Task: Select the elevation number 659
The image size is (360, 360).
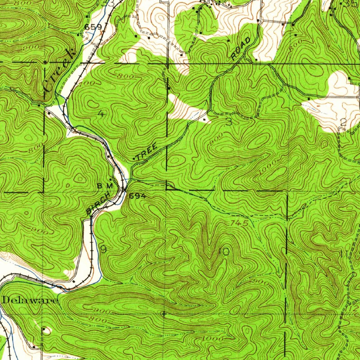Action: (93, 27)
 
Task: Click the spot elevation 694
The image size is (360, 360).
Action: (137, 196)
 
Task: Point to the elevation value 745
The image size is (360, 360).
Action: (240, 223)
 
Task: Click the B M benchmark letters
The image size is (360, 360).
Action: (105, 185)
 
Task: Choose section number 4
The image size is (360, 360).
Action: (101, 114)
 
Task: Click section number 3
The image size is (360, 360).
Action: (229, 122)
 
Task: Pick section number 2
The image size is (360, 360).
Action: (343, 122)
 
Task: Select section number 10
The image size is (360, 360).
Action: (224, 252)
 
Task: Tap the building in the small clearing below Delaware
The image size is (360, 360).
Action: (44, 329)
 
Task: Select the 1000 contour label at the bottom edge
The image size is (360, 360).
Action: (213, 339)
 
